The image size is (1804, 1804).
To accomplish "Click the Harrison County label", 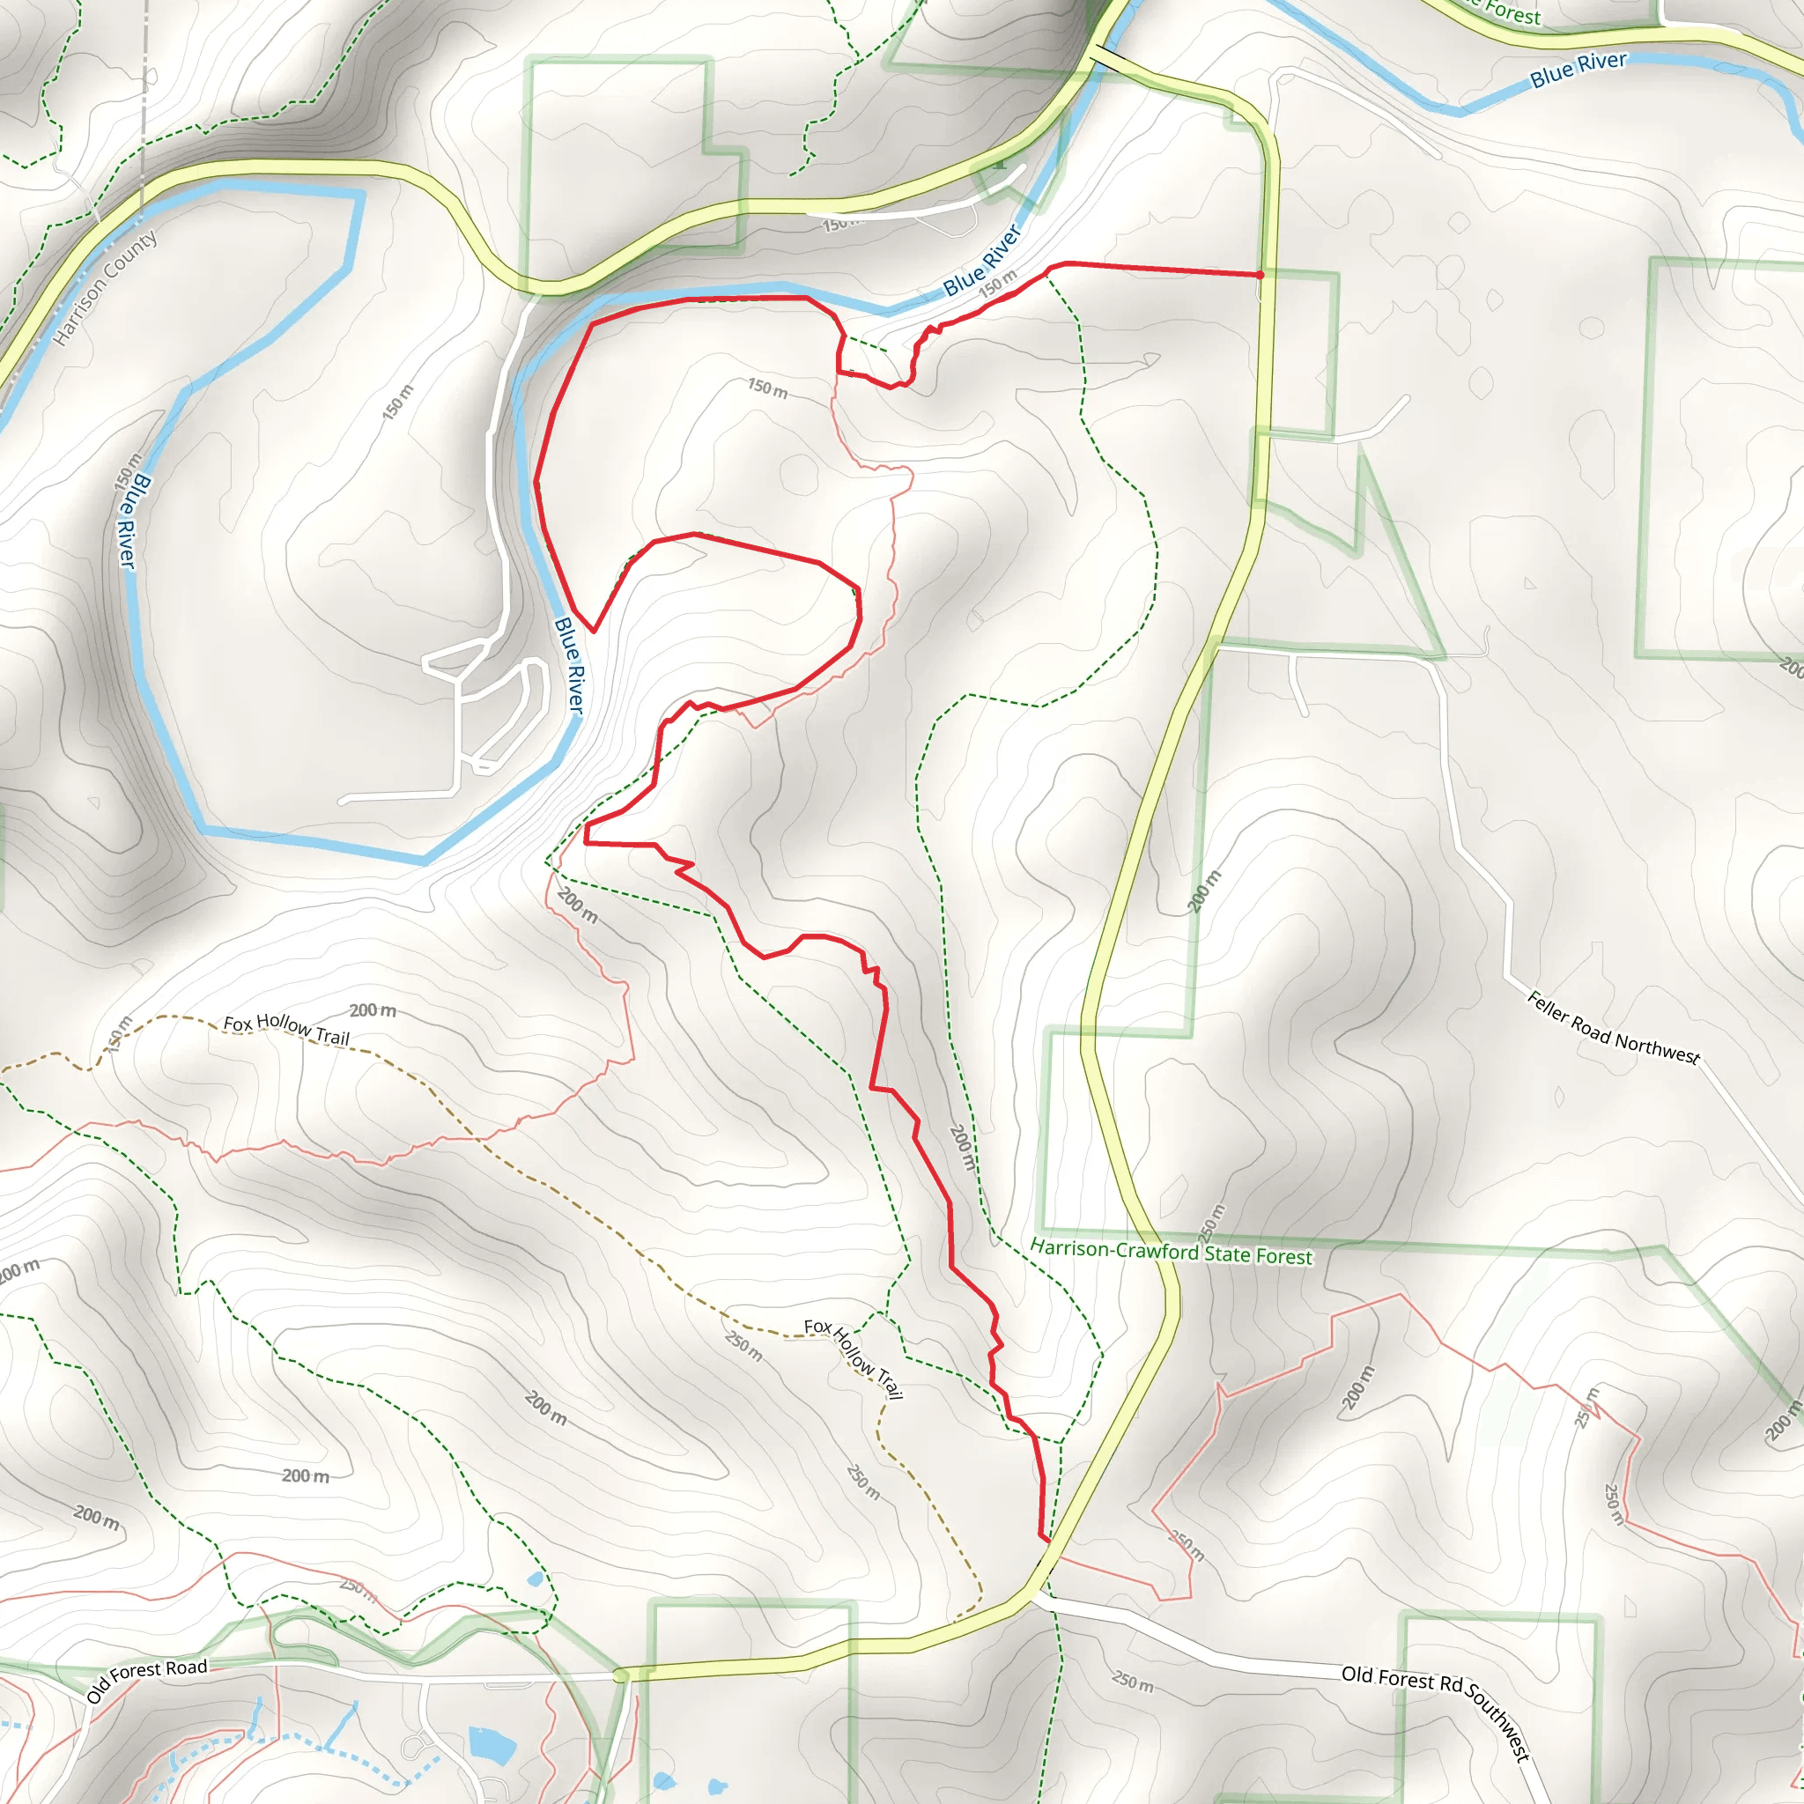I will (x=105, y=286).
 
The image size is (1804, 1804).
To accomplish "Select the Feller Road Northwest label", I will (x=1613, y=1028).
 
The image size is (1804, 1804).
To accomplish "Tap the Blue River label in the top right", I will (x=1578, y=69).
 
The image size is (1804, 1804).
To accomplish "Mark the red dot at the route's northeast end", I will (x=1260, y=275).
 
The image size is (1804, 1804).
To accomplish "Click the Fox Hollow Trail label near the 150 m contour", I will (x=285, y=1029).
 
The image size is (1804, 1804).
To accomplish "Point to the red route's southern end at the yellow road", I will (x=1046, y=1541).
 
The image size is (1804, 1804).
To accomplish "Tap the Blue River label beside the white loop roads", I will (x=569, y=666).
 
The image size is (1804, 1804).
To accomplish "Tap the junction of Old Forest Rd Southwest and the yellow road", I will (x=1032, y=1598).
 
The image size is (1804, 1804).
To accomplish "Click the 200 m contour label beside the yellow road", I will (x=1203, y=891).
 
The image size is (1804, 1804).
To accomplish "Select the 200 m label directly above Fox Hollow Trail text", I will (x=373, y=1010).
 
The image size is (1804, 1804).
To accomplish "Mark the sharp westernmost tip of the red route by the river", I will (x=536, y=482).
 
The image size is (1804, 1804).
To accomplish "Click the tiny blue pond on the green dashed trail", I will (x=533, y=1580).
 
